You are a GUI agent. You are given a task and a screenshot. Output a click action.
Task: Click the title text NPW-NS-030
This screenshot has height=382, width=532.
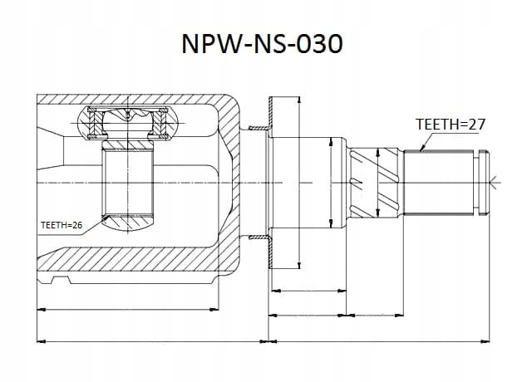(x=262, y=44)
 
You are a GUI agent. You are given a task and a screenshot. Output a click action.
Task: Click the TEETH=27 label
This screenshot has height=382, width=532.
(x=451, y=125)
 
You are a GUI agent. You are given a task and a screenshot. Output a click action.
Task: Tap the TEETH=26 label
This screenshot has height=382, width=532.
(x=62, y=225)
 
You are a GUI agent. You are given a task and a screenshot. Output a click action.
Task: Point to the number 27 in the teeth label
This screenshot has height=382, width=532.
(x=476, y=125)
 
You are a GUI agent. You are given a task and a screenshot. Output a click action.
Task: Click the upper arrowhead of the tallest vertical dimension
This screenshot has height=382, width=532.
(x=298, y=99)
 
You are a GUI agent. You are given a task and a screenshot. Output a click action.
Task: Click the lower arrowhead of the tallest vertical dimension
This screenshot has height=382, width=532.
(x=298, y=266)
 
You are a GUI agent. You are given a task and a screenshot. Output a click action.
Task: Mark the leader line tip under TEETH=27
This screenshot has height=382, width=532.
(x=421, y=149)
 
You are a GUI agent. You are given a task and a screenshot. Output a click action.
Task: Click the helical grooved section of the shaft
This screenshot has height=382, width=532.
(x=375, y=183)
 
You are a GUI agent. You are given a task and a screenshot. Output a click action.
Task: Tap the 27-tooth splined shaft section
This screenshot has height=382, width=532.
(x=438, y=183)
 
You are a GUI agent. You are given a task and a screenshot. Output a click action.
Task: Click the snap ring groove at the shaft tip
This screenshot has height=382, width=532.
(x=476, y=183)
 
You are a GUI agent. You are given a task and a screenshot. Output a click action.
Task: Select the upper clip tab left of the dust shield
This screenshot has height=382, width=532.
(x=259, y=128)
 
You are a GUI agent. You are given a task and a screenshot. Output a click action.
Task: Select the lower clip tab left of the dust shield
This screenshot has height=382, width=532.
(x=259, y=238)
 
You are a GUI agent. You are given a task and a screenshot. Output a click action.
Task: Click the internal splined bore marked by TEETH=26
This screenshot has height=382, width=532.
(x=127, y=183)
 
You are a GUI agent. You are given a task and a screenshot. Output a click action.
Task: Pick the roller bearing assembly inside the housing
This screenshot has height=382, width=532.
(x=127, y=123)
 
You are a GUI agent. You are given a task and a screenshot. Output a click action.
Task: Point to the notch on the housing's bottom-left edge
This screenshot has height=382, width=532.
(x=61, y=280)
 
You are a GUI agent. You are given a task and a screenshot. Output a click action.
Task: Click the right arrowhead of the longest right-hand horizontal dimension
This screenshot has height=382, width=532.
(x=485, y=341)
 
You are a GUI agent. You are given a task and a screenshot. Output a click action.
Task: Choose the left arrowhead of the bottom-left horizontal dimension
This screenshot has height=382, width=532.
(x=41, y=341)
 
